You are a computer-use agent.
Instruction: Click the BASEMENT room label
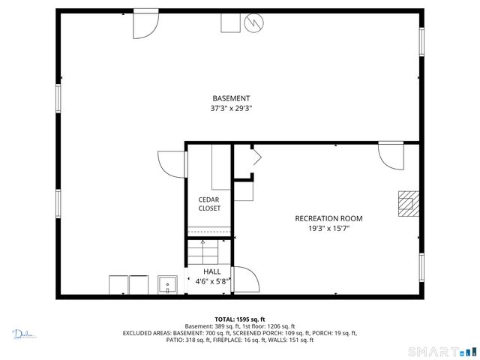pyautogui.click(x=231, y=98)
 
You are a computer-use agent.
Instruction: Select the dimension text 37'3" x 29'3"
pyautogui.click(x=231, y=109)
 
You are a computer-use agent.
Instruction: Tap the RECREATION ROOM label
pyautogui.click(x=328, y=218)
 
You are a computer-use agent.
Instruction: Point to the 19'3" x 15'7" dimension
pyautogui.click(x=328, y=228)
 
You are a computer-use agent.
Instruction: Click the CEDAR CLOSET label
pyautogui.click(x=209, y=204)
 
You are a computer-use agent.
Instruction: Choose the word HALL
pyautogui.click(x=212, y=271)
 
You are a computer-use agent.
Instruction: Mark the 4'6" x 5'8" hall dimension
pyautogui.click(x=212, y=282)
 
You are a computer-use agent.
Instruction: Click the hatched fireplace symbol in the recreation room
pyautogui.click(x=407, y=202)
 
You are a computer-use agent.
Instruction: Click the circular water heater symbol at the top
pyautogui.click(x=253, y=23)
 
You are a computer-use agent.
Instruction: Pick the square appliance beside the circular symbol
pyautogui.click(x=229, y=23)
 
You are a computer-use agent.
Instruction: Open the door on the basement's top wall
pyautogui.click(x=144, y=26)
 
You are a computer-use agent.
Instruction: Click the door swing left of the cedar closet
pyautogui.click(x=171, y=163)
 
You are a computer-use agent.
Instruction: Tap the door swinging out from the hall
pyautogui.click(x=246, y=280)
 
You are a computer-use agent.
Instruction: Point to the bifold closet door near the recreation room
pyautogui.click(x=255, y=157)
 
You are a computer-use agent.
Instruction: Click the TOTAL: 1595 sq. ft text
pyautogui.click(x=240, y=319)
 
